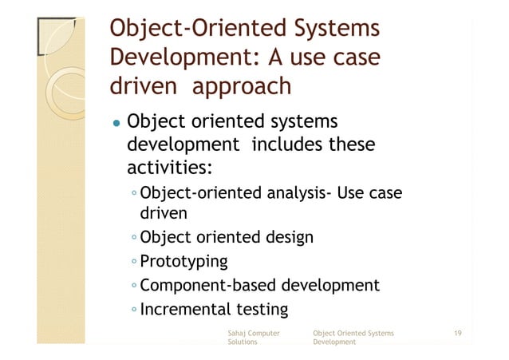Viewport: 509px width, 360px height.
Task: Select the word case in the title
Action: pyautogui.click(x=349, y=59)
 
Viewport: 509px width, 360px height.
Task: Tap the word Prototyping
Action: pyautogui.click(x=183, y=261)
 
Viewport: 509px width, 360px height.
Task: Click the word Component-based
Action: pyautogui.click(x=205, y=285)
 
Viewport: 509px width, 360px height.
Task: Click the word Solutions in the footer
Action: pyautogui.click(x=243, y=342)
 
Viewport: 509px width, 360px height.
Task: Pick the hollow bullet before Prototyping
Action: pyautogui.click(x=134, y=262)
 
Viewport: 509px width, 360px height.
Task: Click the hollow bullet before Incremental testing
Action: pyautogui.click(x=134, y=309)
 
